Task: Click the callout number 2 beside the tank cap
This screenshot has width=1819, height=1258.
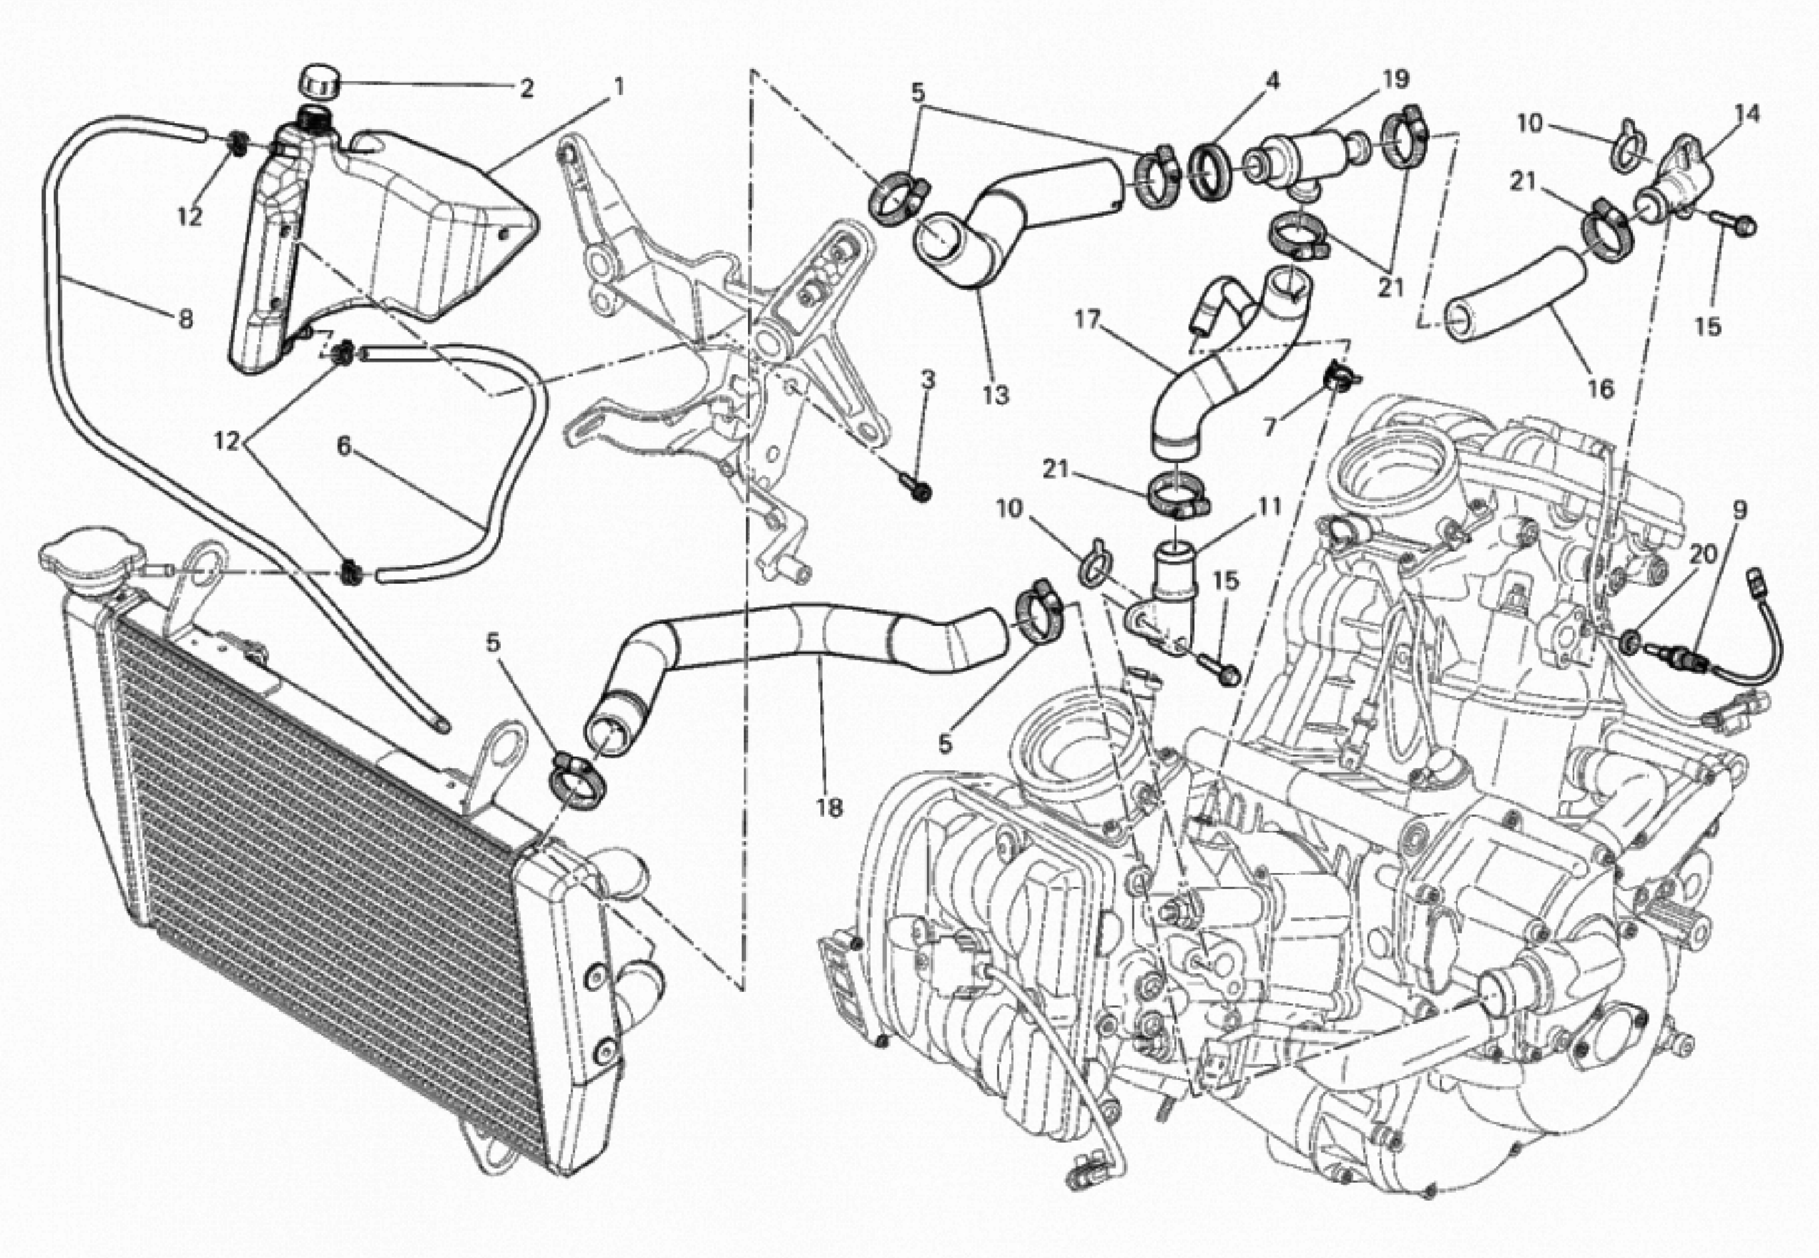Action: [x=526, y=88]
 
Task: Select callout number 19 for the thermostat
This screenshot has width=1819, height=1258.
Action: [x=1394, y=79]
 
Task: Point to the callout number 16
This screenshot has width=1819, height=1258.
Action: [x=1601, y=388]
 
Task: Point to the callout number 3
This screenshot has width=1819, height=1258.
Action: [x=928, y=381]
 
